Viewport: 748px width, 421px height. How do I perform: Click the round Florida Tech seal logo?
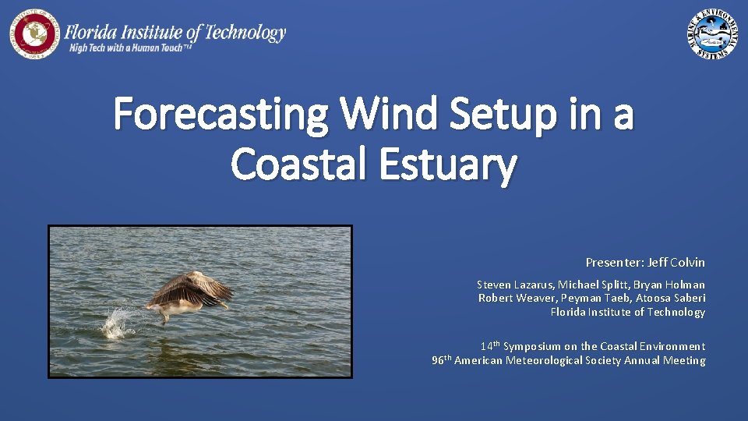coord(34,34)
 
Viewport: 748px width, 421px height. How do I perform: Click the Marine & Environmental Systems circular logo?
coord(713,34)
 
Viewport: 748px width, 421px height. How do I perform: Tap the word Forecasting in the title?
coord(221,115)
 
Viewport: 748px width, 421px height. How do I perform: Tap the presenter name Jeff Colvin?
coord(676,263)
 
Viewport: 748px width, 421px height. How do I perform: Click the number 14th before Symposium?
coord(490,345)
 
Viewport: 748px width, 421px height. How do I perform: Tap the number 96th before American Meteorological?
coord(441,359)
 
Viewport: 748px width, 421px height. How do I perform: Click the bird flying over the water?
coord(189,295)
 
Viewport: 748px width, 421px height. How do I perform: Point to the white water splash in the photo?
coord(119,321)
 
